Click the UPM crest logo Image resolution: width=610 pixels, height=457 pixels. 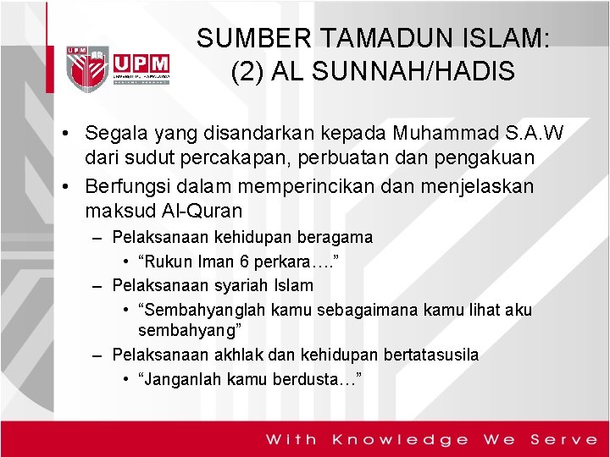88,64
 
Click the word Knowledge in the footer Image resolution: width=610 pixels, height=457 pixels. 400,439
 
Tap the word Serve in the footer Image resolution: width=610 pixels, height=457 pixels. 563,439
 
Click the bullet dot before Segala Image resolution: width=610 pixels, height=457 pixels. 64,135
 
